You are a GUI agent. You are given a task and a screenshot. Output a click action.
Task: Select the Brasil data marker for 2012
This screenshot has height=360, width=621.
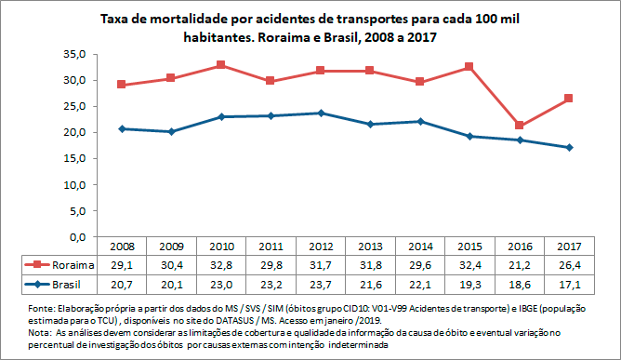(321, 113)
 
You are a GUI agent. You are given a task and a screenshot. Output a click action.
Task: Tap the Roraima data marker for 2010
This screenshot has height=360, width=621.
(220, 65)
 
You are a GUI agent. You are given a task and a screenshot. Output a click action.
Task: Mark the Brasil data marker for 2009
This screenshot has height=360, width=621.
(170, 131)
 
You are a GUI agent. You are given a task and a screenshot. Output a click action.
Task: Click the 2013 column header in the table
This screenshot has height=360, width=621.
(370, 247)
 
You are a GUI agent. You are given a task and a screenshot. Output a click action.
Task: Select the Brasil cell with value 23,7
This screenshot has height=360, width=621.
(321, 282)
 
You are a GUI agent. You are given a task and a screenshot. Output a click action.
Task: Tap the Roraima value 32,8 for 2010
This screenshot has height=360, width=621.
(220, 264)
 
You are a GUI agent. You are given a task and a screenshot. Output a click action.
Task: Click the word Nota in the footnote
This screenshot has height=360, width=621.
(41, 331)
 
